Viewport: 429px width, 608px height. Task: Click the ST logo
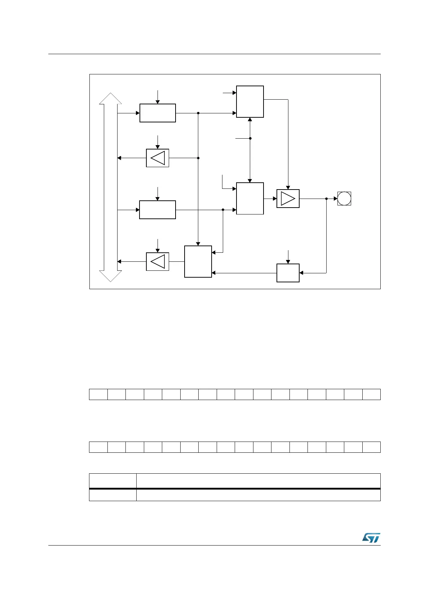371,538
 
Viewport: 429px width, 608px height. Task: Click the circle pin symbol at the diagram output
344,199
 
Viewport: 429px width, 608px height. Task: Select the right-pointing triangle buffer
288,199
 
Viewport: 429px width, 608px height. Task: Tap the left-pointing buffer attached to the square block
158,261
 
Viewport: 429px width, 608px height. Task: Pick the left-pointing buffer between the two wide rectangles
158,158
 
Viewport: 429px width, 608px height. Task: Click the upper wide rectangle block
158,113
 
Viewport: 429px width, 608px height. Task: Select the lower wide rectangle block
158,210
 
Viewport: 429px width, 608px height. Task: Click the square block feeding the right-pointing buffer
250,198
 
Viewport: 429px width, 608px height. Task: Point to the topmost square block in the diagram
250,101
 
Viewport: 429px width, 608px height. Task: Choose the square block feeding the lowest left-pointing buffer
198,261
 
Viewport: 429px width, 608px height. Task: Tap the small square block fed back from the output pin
288,273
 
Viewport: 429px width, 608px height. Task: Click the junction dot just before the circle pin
326,199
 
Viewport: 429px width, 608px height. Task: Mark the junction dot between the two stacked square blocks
250,138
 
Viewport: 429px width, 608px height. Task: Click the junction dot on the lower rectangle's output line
223,210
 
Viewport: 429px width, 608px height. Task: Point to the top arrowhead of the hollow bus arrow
111,98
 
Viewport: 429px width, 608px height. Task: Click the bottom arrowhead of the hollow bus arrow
111,276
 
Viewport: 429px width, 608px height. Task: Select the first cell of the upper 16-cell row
98,394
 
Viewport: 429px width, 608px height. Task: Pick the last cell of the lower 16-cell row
371,447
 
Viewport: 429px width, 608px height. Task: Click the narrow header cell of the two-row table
113,481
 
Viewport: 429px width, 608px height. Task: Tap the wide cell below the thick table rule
258,495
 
